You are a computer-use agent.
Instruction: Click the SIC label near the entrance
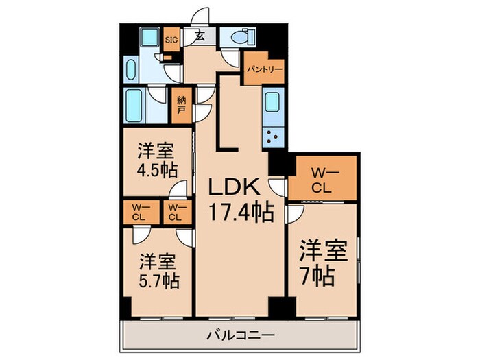(x=171, y=39)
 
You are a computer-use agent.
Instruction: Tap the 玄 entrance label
(x=200, y=37)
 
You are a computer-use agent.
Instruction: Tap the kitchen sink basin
(x=272, y=101)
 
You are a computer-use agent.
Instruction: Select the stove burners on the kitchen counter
(x=272, y=134)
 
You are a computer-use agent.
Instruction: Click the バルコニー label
(x=240, y=335)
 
